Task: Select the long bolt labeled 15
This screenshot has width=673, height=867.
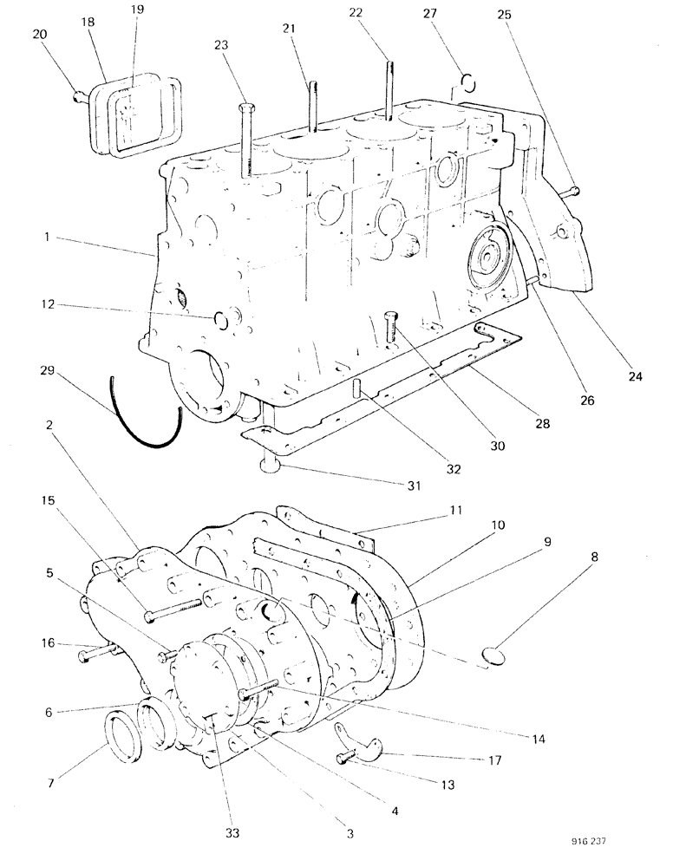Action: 173,609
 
